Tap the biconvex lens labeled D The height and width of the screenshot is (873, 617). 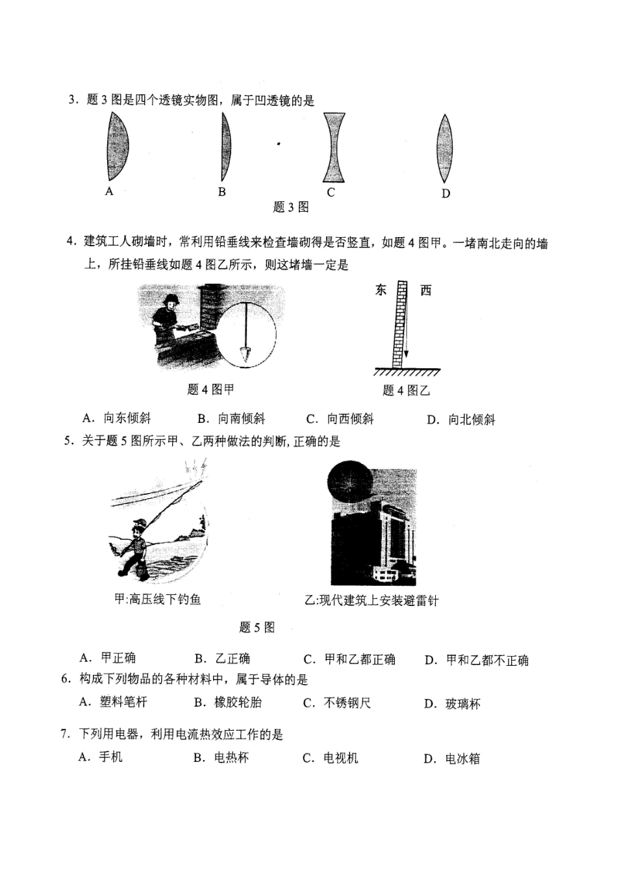coord(444,149)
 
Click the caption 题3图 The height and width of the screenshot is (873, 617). coord(290,207)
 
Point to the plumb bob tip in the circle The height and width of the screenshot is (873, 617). coord(246,354)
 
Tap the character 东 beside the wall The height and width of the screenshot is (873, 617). coord(381,290)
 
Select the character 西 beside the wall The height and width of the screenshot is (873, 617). coord(425,290)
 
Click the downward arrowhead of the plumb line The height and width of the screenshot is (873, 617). coord(406,355)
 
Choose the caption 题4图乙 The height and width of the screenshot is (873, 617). coord(406,390)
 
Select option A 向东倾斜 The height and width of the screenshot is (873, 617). coord(118,418)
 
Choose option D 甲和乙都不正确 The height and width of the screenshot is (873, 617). coord(477,661)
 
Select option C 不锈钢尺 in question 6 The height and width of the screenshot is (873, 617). coord(337,703)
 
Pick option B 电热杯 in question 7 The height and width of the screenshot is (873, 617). coord(221,758)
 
